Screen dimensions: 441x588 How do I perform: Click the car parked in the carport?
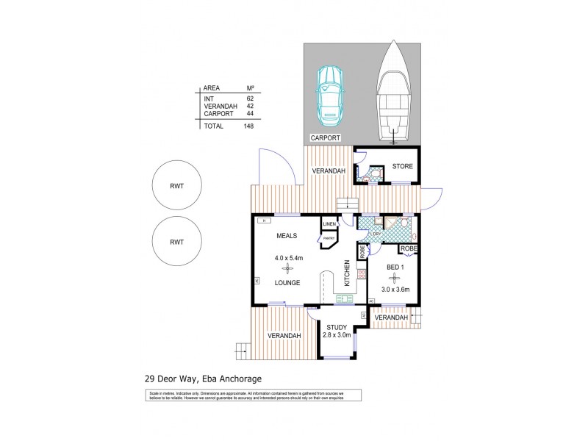(x=329, y=96)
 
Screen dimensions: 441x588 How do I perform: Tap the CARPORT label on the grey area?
(x=324, y=138)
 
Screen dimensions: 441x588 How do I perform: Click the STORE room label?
(x=402, y=166)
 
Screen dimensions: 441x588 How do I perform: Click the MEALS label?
(x=286, y=237)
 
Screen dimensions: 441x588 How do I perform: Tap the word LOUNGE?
(x=286, y=282)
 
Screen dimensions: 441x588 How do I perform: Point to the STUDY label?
(x=337, y=327)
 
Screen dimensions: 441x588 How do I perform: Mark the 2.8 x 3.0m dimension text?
(x=337, y=336)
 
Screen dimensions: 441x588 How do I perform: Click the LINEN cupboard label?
(x=329, y=223)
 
